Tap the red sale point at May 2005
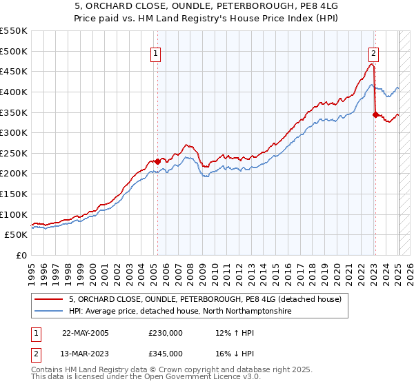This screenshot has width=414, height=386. (x=157, y=161)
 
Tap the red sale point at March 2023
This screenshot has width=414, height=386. (x=375, y=115)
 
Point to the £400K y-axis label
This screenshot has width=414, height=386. (x=14, y=92)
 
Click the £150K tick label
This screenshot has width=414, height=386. (x=14, y=194)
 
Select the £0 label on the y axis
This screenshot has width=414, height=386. (x=22, y=255)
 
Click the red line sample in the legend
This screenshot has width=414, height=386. (x=49, y=299)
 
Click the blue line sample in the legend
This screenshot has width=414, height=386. (x=49, y=312)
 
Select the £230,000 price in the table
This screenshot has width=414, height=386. (x=166, y=332)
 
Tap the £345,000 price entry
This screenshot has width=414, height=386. (x=166, y=353)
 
